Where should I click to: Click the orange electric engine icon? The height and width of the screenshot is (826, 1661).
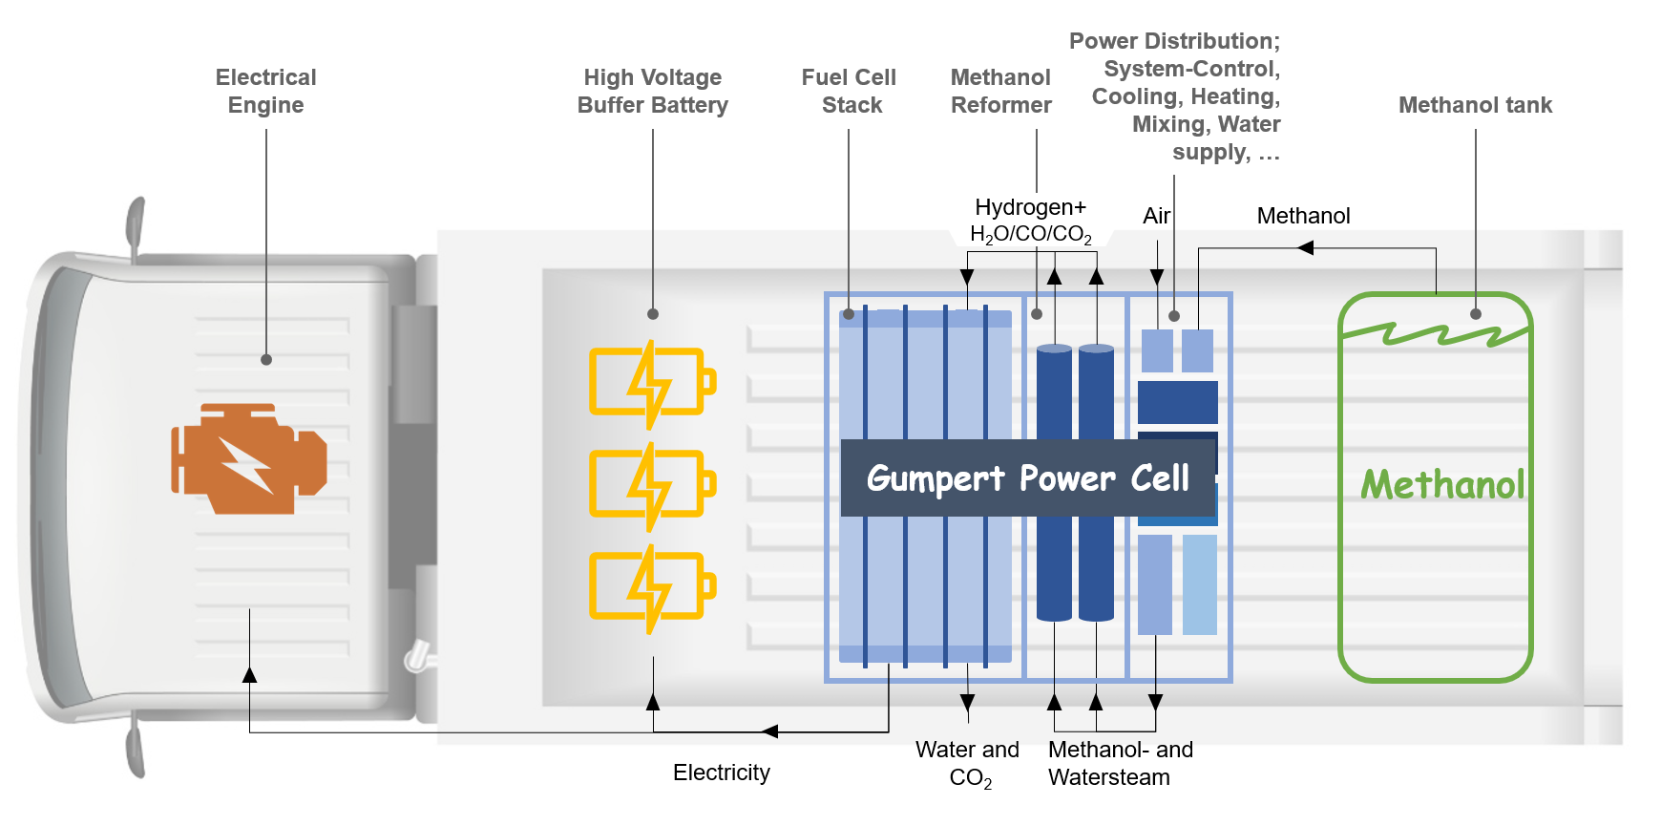coord(249,459)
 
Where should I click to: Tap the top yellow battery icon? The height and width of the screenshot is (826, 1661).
coord(652,382)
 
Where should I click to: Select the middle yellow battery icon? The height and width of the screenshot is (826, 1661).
coord(652,484)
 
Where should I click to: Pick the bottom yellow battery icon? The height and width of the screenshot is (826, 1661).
coord(652,586)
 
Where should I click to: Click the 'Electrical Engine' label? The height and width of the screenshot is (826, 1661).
coord(265,91)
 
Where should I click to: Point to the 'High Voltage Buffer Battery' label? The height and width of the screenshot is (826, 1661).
coord(652,91)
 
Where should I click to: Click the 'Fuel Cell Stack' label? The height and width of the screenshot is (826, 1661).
coord(849,91)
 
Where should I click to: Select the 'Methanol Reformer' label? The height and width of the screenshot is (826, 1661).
coord(1000,91)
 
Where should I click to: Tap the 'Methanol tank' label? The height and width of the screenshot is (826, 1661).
coord(1475,105)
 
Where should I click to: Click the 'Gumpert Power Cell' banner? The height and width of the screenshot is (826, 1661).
coord(1027,477)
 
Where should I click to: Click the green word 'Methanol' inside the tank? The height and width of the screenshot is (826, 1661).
coord(1442,485)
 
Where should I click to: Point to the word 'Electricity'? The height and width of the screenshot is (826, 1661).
coord(721,773)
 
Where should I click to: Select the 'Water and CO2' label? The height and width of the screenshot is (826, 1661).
coord(967,763)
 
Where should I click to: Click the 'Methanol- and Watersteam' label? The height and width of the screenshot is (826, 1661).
coord(1120,763)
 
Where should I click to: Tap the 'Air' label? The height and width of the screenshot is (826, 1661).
coord(1156,216)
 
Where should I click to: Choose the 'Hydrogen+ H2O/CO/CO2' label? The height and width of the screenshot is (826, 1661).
coord(1030,221)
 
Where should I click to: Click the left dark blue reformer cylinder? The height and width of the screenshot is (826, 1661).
coord(1054,482)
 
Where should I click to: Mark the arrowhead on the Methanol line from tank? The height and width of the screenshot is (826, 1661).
coord(1306,248)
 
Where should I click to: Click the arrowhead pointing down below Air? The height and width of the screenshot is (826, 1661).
coord(1157,277)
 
